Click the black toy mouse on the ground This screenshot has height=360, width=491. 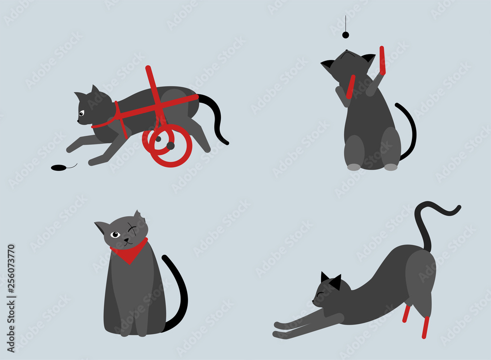58,167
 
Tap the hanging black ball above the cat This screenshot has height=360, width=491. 345,35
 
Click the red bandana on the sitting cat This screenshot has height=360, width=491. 129,252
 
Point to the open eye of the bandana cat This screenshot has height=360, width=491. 115,235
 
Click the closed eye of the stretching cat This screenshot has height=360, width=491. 320,295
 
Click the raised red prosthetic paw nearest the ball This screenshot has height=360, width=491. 382,60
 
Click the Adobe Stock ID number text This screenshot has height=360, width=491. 11,277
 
